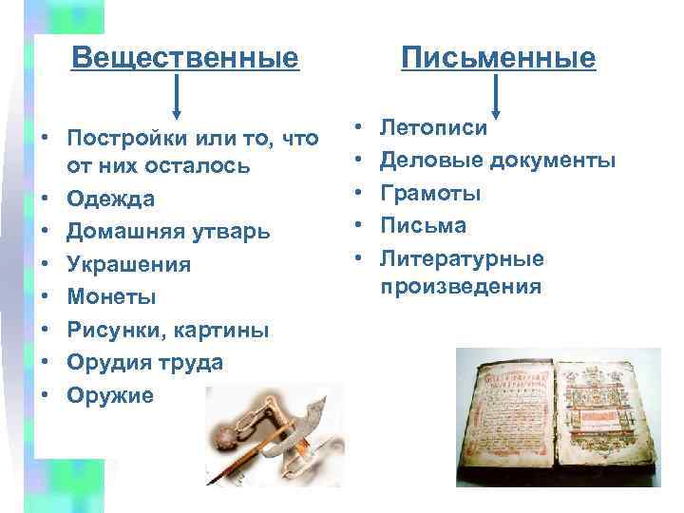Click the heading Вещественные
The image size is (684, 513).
[185, 58]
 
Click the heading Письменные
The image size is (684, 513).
[498, 58]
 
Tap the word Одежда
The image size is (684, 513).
[110, 199]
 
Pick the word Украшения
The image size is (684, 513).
[128, 264]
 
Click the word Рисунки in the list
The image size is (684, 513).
[109, 330]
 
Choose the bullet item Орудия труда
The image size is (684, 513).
[145, 362]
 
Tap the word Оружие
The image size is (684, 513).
[109, 395]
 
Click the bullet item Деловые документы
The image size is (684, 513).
[498, 160]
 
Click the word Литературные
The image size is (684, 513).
[462, 257]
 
